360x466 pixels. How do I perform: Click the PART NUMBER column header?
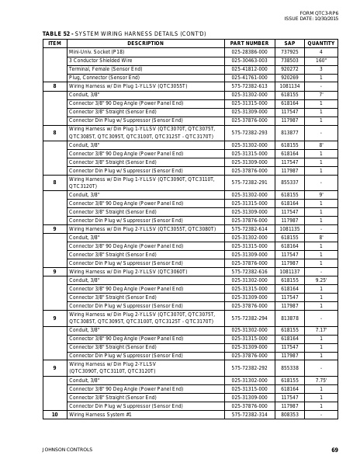(x=249, y=43)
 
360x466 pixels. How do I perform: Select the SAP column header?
(x=289, y=43)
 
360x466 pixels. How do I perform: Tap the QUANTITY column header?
(x=320, y=43)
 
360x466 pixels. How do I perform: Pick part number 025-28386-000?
(x=249, y=51)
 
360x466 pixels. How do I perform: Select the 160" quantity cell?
(x=320, y=60)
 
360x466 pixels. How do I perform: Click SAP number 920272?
(x=289, y=68)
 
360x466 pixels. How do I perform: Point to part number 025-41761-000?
(x=249, y=78)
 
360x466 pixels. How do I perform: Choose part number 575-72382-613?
(x=249, y=86)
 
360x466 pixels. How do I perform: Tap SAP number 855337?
(x=289, y=183)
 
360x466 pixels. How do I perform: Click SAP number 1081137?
(x=289, y=272)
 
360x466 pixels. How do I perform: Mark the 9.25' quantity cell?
(x=320, y=280)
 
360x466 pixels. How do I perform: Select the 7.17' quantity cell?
(x=320, y=330)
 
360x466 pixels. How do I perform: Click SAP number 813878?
(x=289, y=318)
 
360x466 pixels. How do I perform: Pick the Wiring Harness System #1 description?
(x=100, y=415)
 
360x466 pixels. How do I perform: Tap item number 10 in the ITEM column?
(x=54, y=415)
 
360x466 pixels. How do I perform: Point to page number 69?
(x=334, y=450)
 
